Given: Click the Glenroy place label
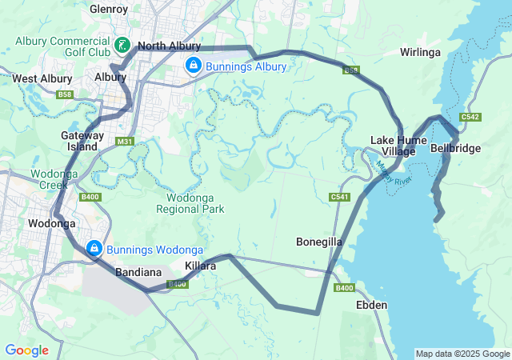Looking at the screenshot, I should point(109,9).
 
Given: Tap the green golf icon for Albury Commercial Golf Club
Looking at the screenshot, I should point(122,45).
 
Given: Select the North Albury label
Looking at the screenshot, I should point(168,46).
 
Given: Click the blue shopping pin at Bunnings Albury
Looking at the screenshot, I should point(193,65).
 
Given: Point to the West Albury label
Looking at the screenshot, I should point(42,78).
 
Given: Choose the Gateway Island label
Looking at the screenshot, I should point(82,141).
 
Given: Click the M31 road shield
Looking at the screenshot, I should point(124,142).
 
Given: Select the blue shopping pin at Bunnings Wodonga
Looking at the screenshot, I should point(94,248).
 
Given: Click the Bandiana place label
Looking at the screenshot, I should point(139,272).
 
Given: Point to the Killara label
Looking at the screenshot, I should point(200,266).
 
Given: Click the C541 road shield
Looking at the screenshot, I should point(340,196).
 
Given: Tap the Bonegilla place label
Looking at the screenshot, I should point(319,241).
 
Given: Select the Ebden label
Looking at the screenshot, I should point(371,305).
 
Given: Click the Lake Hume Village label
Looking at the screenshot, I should point(392,146).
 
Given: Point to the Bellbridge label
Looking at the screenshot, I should point(455,148).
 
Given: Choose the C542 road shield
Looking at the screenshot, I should point(470,117).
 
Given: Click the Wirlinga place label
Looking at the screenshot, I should point(420,52).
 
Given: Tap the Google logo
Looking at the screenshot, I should point(26,350).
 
